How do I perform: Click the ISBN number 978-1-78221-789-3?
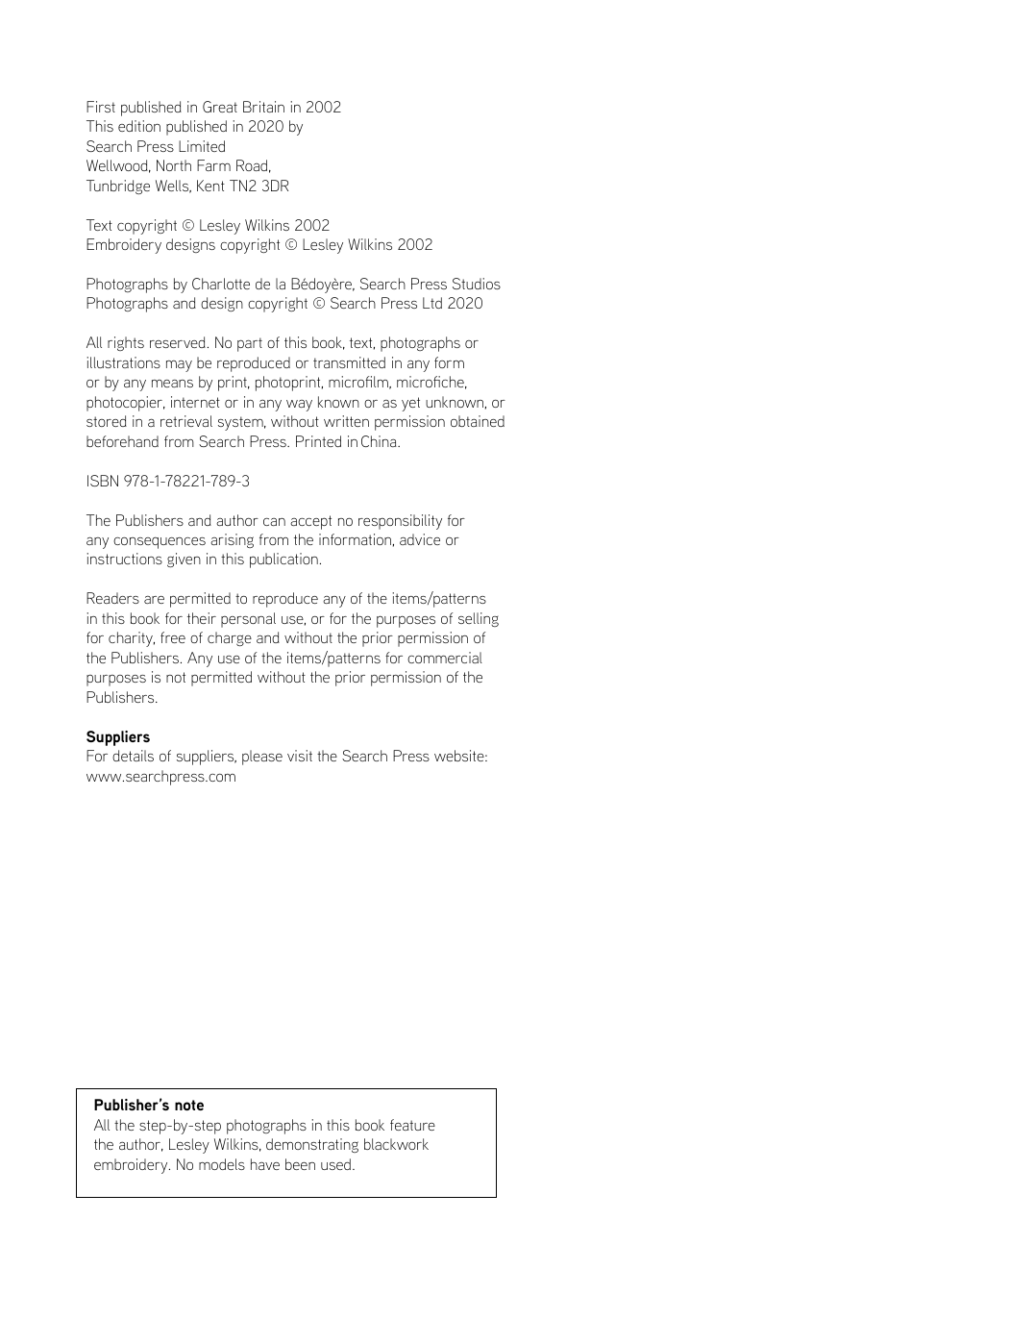[x=186, y=481]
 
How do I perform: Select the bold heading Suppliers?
[x=118, y=737]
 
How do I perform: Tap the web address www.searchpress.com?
[x=160, y=777]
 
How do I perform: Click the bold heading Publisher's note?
[x=149, y=1106]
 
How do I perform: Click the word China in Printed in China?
[x=380, y=442]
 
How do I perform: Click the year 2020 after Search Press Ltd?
[x=464, y=304]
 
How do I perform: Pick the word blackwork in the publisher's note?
[x=396, y=1145]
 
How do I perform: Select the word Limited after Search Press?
[x=202, y=147]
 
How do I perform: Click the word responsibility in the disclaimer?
[x=410, y=521]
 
